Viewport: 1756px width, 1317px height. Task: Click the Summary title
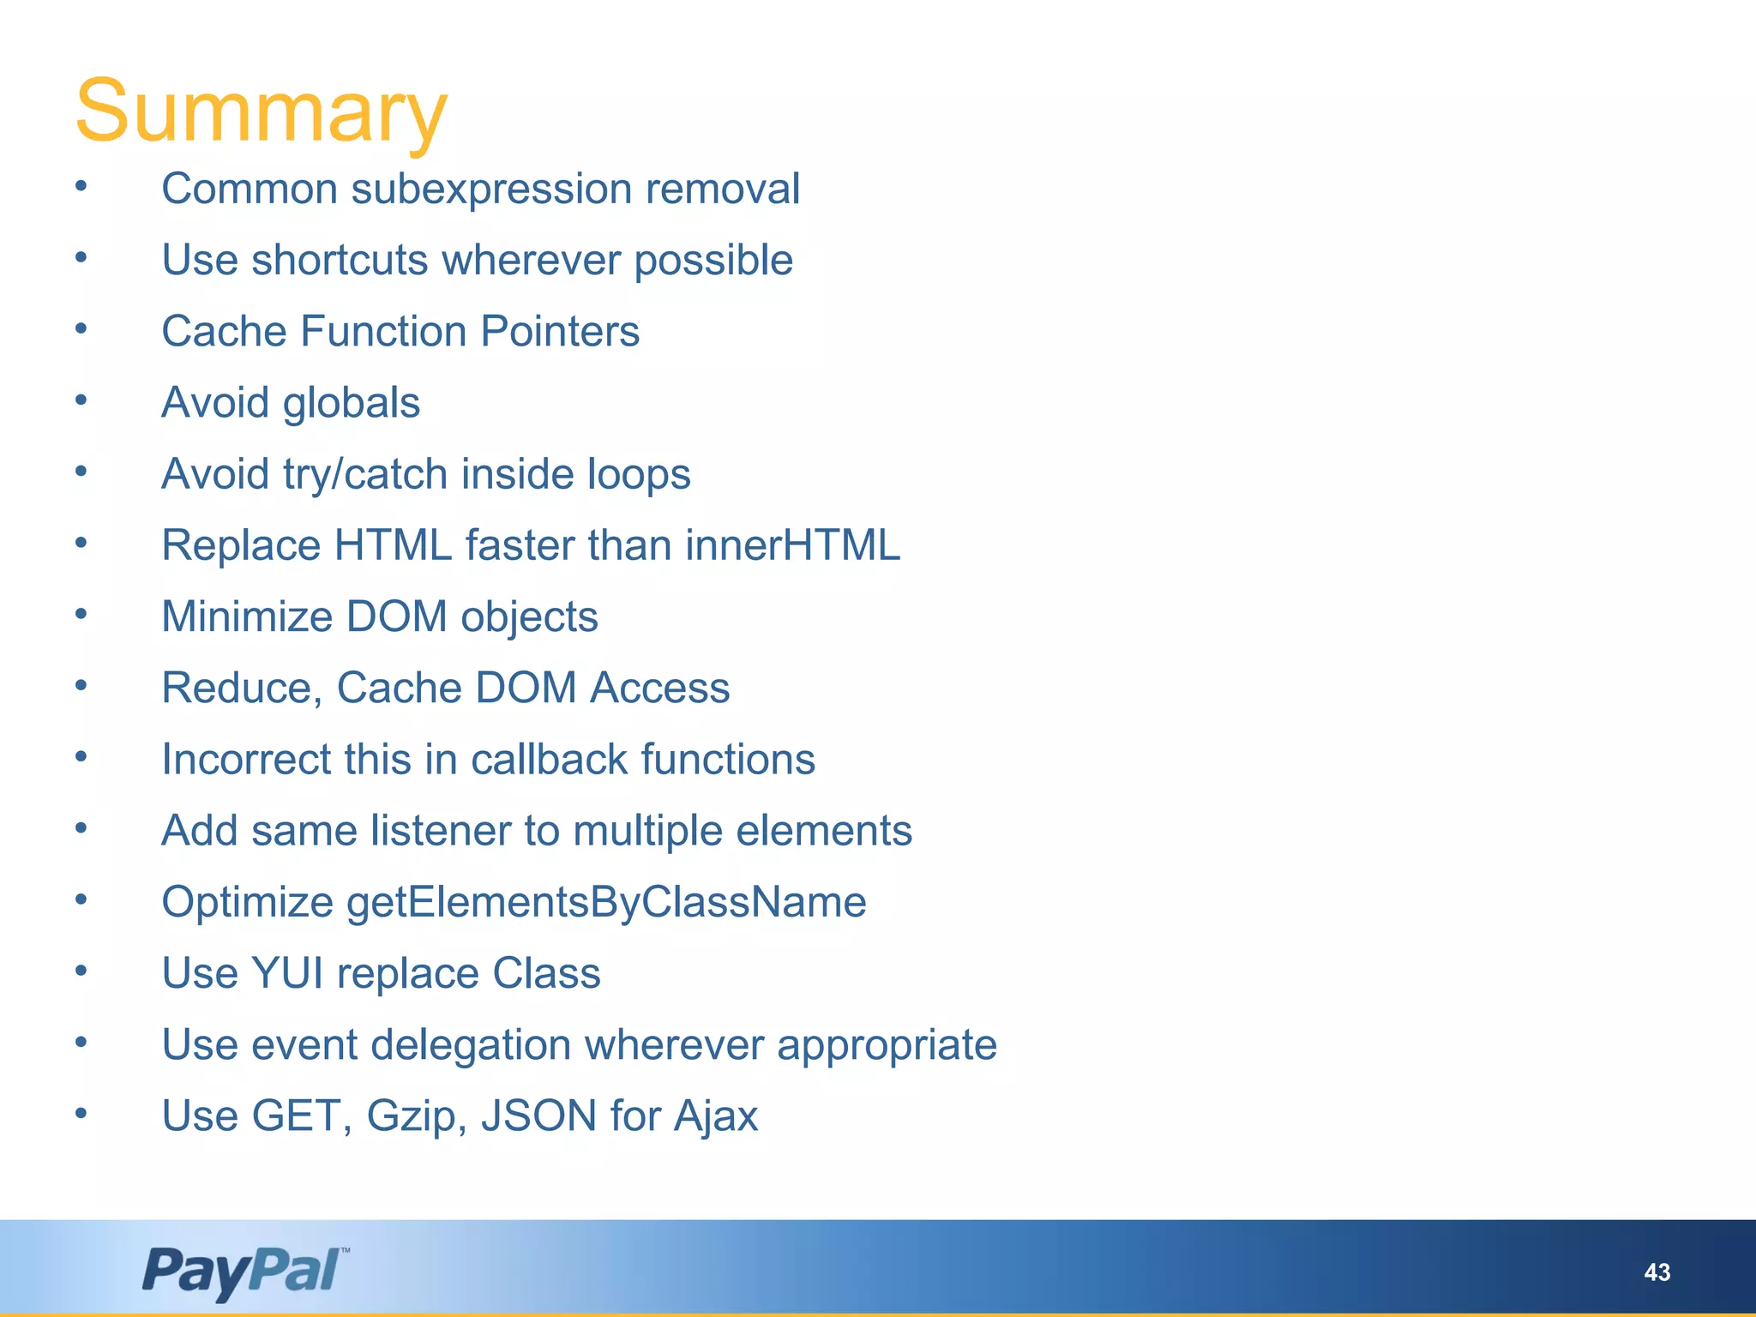[262, 111]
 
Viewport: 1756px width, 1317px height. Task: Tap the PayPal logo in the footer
[244, 1271]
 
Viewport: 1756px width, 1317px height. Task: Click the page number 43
[1657, 1272]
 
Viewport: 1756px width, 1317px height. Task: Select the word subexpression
[491, 189]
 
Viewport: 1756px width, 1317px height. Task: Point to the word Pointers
[559, 332]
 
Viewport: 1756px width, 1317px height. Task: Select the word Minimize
[247, 616]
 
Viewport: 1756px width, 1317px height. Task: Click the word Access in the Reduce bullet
[659, 688]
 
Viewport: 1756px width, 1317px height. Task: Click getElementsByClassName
[606, 902]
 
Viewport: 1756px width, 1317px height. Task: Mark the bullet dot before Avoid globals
[81, 399]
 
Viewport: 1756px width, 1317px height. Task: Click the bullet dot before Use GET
[81, 1112]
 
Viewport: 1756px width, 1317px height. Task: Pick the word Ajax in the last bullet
[715, 1116]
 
